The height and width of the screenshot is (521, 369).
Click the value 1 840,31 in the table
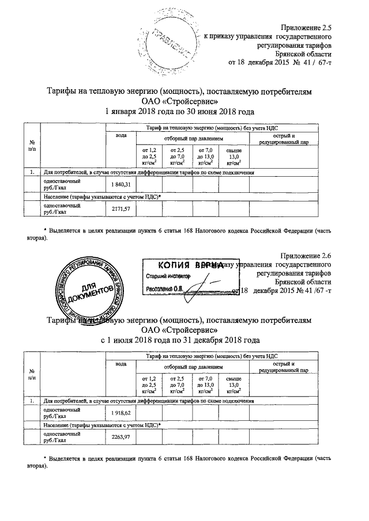121,184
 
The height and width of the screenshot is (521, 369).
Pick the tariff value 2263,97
121,438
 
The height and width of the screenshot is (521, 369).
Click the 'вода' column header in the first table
121,135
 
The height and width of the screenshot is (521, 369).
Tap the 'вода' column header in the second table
121,363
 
